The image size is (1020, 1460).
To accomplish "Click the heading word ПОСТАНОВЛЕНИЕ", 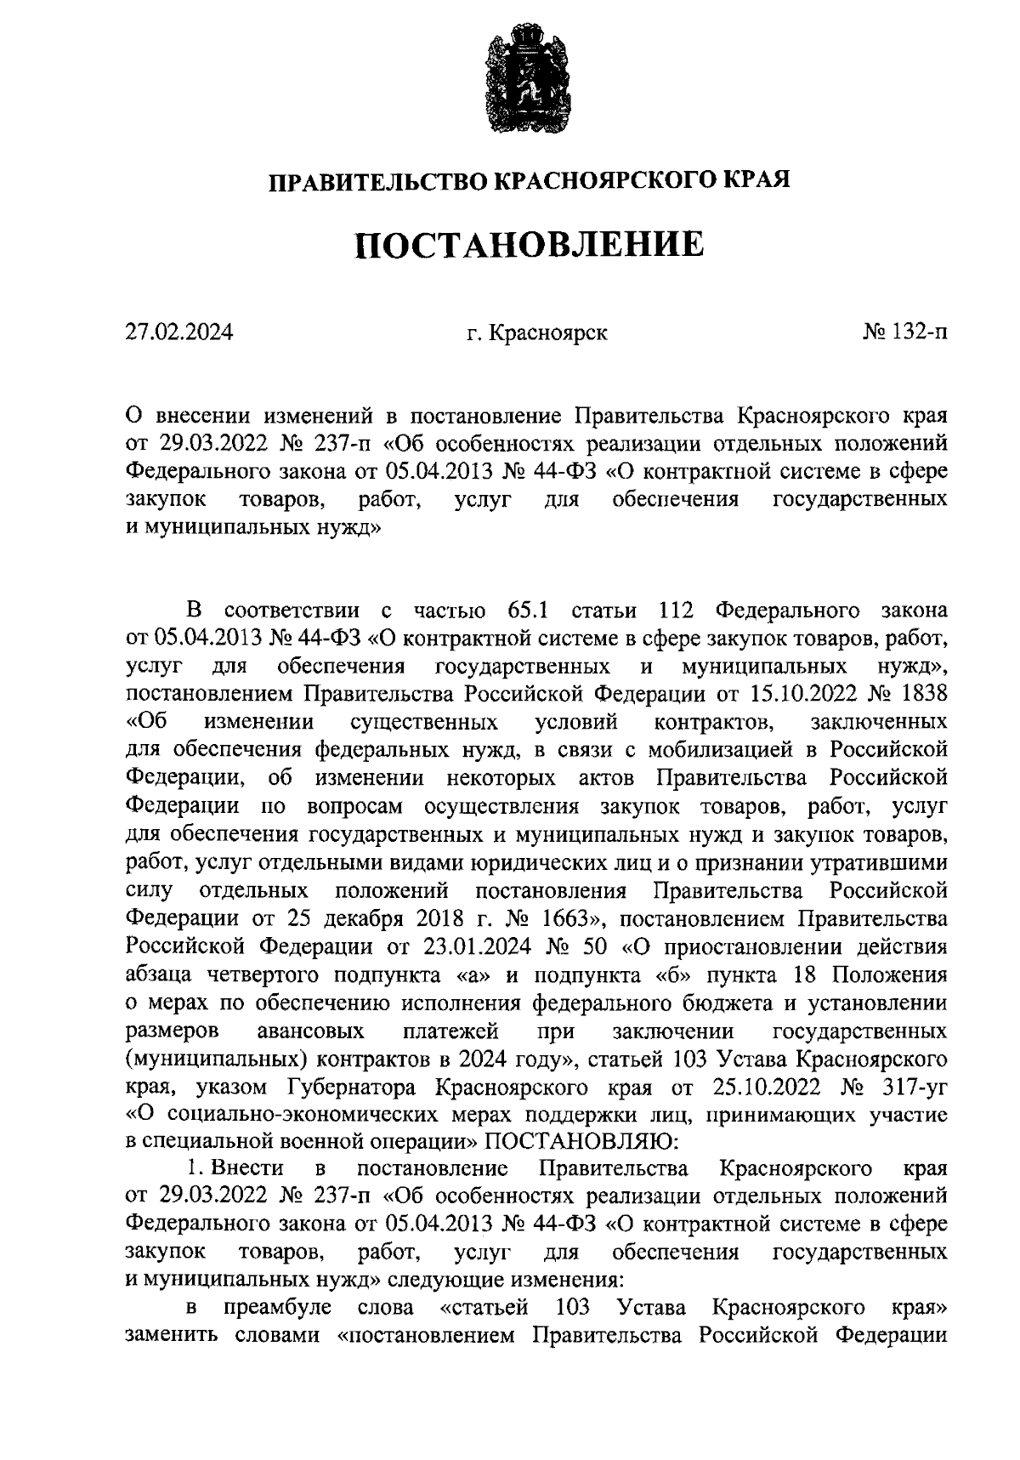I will point(529,245).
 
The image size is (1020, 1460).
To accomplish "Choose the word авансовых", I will point(310,1031).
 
